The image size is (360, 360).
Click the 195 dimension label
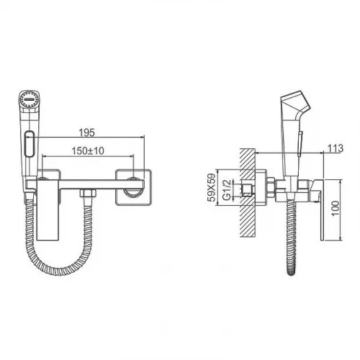pos(87,132)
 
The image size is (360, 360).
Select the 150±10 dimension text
pos(88,150)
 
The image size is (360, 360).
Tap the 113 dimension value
pos(336,148)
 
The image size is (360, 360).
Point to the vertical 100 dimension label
pos(336,208)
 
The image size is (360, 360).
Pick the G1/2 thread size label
pos(227,189)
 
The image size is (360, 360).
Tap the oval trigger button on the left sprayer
pos(30,144)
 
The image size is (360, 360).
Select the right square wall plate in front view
pos(133,187)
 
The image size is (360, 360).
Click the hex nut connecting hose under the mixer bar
pos(88,193)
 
